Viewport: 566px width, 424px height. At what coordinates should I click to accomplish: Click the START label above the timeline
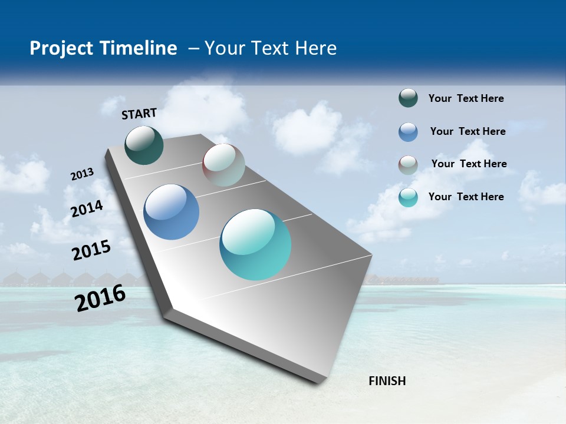tap(139, 113)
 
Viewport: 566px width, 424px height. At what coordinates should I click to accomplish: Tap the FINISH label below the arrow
tap(387, 380)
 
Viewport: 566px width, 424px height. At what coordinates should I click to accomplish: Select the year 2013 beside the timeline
tap(82, 174)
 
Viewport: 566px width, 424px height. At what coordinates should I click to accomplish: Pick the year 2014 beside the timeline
tap(87, 209)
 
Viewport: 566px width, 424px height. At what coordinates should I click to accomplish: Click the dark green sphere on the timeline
tap(144, 145)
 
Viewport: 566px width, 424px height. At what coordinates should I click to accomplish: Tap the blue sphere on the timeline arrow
tap(171, 212)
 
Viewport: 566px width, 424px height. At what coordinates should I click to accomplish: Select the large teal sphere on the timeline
tap(255, 244)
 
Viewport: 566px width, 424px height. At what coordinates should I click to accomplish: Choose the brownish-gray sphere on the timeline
tap(223, 165)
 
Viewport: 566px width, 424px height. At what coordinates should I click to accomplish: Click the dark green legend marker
tap(408, 98)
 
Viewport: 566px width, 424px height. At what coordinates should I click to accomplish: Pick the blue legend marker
tap(408, 132)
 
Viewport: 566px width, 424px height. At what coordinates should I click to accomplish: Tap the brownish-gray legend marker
tap(408, 165)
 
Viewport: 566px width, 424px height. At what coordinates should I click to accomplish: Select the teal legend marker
tap(408, 197)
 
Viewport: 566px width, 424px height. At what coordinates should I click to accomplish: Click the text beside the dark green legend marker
tap(466, 98)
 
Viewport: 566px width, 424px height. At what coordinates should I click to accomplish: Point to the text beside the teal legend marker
tap(466, 197)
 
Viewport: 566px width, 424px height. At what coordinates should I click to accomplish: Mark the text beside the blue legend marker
tap(468, 131)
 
